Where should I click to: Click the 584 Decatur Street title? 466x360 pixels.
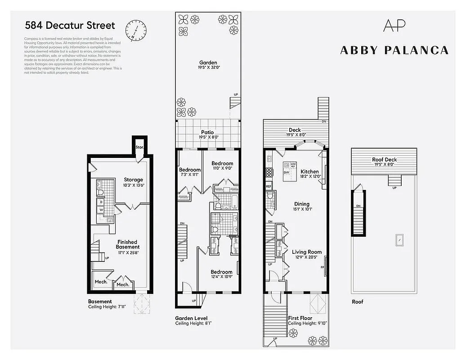(x=70, y=26)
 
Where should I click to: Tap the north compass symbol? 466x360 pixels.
(x=135, y=31)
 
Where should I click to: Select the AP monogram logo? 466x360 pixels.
(x=394, y=25)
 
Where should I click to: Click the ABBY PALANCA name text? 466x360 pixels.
(x=394, y=50)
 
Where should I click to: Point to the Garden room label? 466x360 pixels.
(x=208, y=63)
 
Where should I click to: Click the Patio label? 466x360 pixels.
(x=208, y=133)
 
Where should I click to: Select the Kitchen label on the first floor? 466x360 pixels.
(x=309, y=171)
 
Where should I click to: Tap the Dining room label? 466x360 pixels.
(x=302, y=204)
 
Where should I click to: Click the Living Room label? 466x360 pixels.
(x=307, y=252)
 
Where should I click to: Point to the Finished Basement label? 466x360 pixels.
(x=128, y=244)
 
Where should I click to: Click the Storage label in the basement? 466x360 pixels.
(x=134, y=180)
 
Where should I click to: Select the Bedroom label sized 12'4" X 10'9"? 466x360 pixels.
(x=222, y=272)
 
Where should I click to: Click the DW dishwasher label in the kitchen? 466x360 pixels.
(x=287, y=172)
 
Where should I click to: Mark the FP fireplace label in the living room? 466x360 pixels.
(x=322, y=267)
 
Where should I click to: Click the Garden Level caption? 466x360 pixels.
(x=191, y=318)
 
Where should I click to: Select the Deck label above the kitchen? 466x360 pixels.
(x=295, y=130)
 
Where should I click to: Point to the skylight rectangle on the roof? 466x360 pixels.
(x=398, y=239)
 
